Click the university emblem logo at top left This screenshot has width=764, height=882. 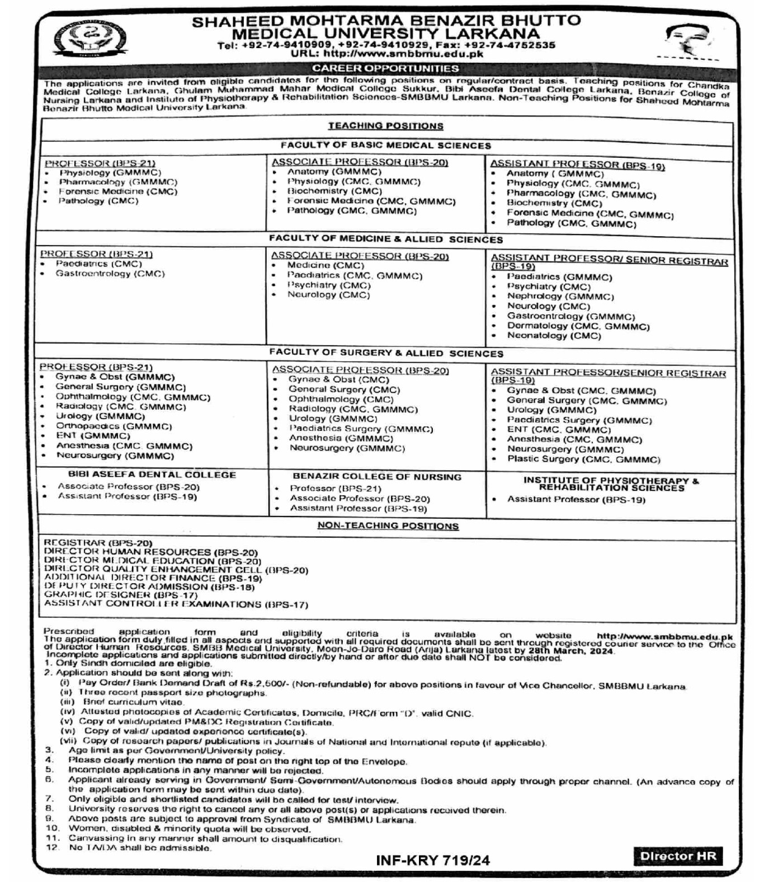tap(90, 38)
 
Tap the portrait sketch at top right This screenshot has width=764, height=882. tap(687, 41)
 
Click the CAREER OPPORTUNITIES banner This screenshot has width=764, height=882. tap(385, 69)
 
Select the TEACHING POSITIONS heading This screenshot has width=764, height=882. tap(385, 126)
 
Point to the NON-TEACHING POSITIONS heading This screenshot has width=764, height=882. tap(388, 526)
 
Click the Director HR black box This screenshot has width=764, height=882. tap(678, 856)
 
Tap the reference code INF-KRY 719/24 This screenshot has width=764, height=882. tap(433, 860)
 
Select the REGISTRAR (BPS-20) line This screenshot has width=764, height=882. tap(98, 543)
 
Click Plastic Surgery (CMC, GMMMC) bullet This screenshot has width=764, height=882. tap(583, 459)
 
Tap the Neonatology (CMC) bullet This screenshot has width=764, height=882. tap(554, 336)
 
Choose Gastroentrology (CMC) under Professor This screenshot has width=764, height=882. tap(110, 274)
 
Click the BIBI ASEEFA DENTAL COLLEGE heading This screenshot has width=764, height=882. tap(152, 475)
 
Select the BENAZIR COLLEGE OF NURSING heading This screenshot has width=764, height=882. tap(377, 477)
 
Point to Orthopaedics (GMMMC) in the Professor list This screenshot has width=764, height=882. tap(114, 426)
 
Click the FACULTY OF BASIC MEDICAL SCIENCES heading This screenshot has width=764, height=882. tap(385, 146)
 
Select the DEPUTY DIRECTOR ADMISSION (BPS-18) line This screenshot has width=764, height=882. tap(149, 587)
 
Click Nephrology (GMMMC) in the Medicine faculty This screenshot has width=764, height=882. tap(560, 297)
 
